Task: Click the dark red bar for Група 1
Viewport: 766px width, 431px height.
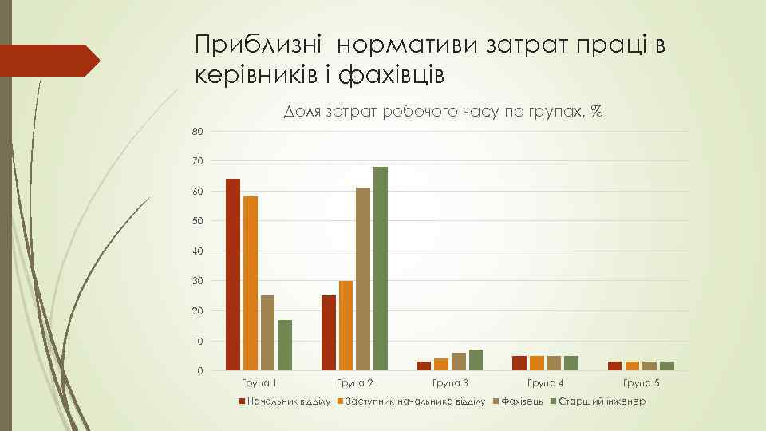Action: [x=233, y=275]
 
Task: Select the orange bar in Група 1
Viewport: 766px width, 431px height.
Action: [x=251, y=283]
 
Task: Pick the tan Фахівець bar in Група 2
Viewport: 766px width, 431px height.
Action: [x=363, y=279]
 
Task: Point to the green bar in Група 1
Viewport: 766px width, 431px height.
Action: [x=285, y=345]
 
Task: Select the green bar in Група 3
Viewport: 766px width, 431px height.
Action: [x=476, y=360]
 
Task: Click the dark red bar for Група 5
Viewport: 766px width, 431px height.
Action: [x=614, y=366]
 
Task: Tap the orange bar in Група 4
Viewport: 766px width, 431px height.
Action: [x=536, y=363]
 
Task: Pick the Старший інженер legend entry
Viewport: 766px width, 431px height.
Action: [x=602, y=401]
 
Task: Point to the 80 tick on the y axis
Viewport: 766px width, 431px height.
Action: [x=197, y=131]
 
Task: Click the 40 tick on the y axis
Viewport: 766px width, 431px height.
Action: [x=197, y=251]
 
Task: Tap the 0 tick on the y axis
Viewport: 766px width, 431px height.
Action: [x=199, y=371]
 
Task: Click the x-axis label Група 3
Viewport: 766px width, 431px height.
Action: [x=449, y=384]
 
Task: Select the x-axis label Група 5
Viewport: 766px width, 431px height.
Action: [x=640, y=384]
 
